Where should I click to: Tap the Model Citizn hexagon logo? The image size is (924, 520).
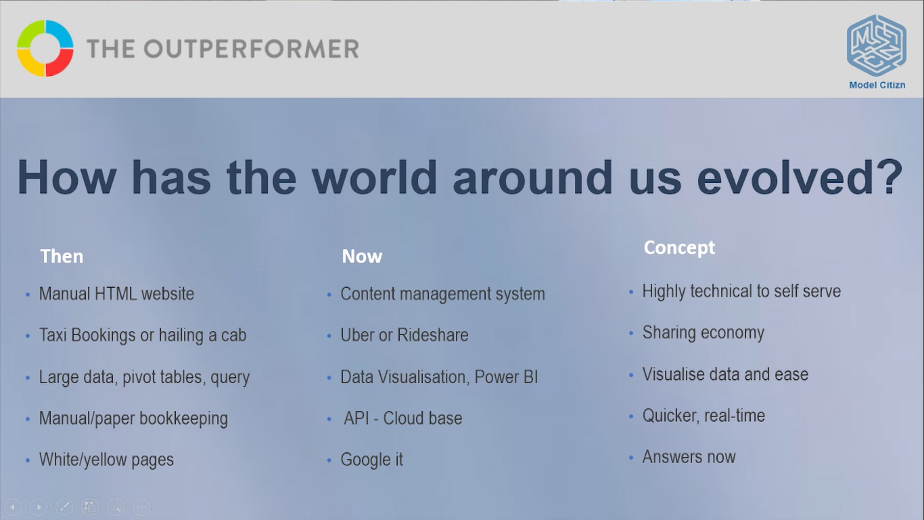[x=876, y=45]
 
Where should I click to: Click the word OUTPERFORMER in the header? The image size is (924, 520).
[x=251, y=49]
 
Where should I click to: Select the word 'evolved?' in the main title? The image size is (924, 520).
[x=800, y=177]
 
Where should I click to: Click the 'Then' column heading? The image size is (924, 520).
[x=62, y=257]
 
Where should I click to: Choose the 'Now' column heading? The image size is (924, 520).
[x=362, y=257]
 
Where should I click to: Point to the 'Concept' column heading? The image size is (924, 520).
[x=679, y=248]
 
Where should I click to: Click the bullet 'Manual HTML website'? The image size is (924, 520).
[x=116, y=294]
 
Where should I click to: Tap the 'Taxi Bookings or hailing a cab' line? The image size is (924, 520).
[x=142, y=335]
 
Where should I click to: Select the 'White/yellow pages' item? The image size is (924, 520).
[x=106, y=460]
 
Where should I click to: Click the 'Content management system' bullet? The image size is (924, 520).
[x=442, y=294]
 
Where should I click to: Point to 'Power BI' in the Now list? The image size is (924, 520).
[x=506, y=376]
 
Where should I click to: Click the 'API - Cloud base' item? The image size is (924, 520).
[x=403, y=418]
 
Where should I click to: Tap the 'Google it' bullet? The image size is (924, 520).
[x=371, y=460]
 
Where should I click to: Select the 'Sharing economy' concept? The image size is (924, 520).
[x=703, y=333]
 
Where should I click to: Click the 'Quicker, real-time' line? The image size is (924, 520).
[x=703, y=416]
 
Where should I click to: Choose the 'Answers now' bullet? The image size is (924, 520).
[x=689, y=457]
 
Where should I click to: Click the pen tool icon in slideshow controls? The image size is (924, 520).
[x=64, y=506]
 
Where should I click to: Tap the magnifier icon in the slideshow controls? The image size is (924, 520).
[x=116, y=506]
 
